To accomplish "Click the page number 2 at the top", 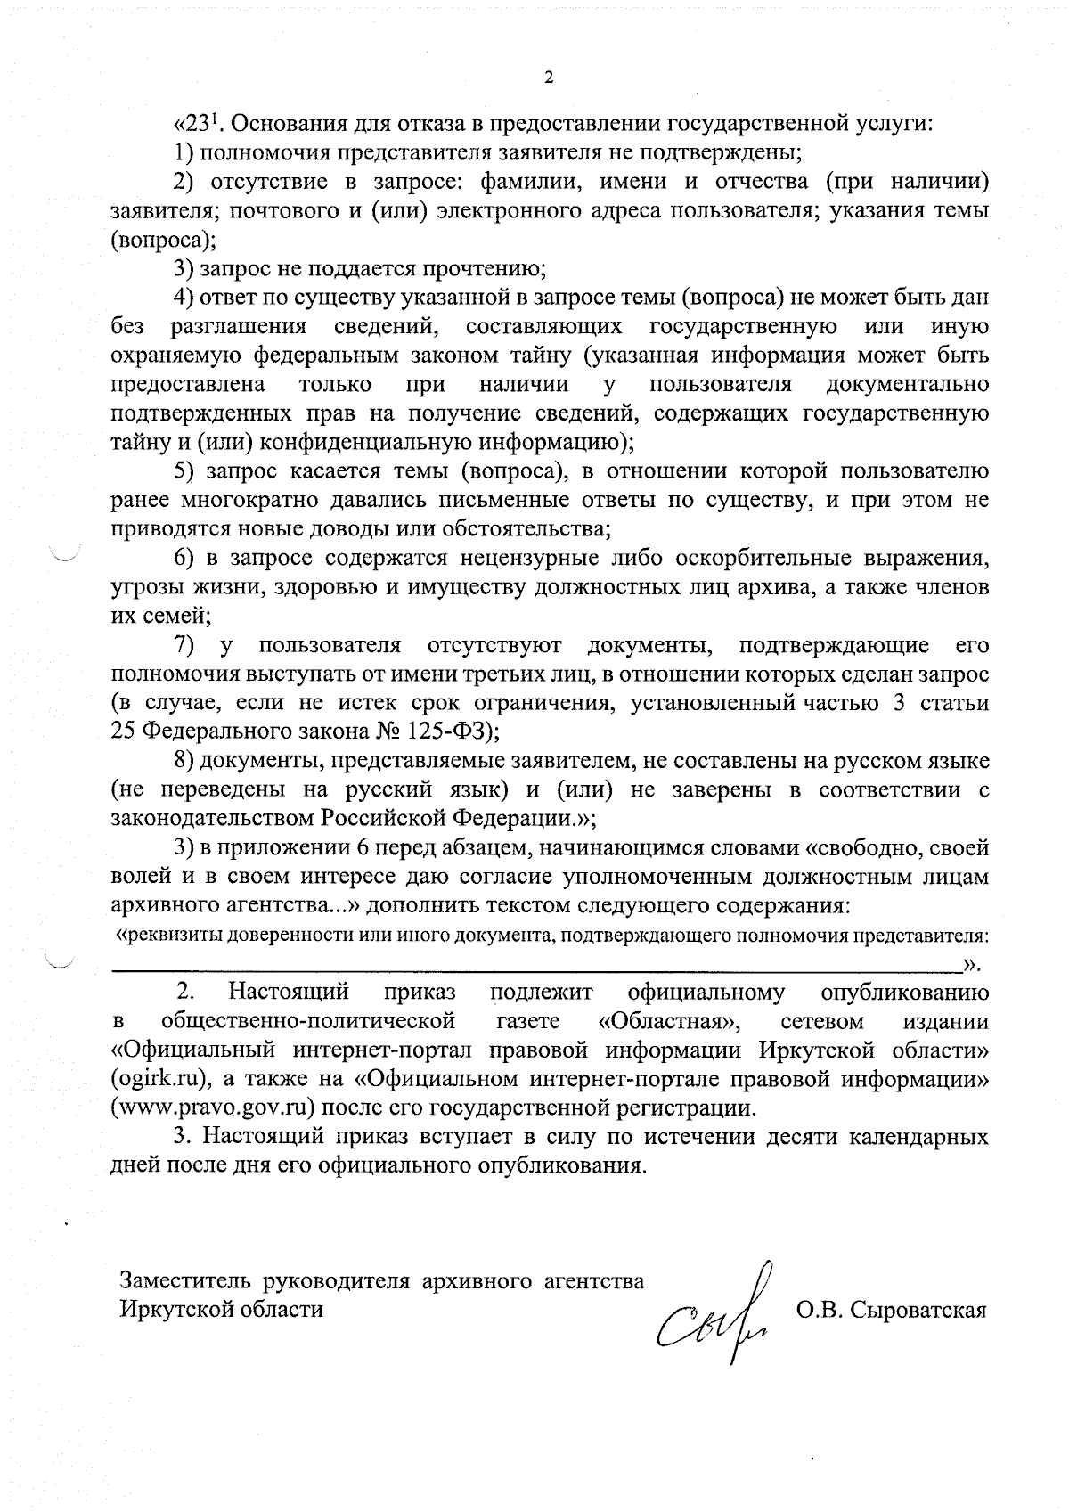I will point(548,78).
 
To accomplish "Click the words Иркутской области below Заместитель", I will point(222,1310).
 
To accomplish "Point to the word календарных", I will point(918,1138).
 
